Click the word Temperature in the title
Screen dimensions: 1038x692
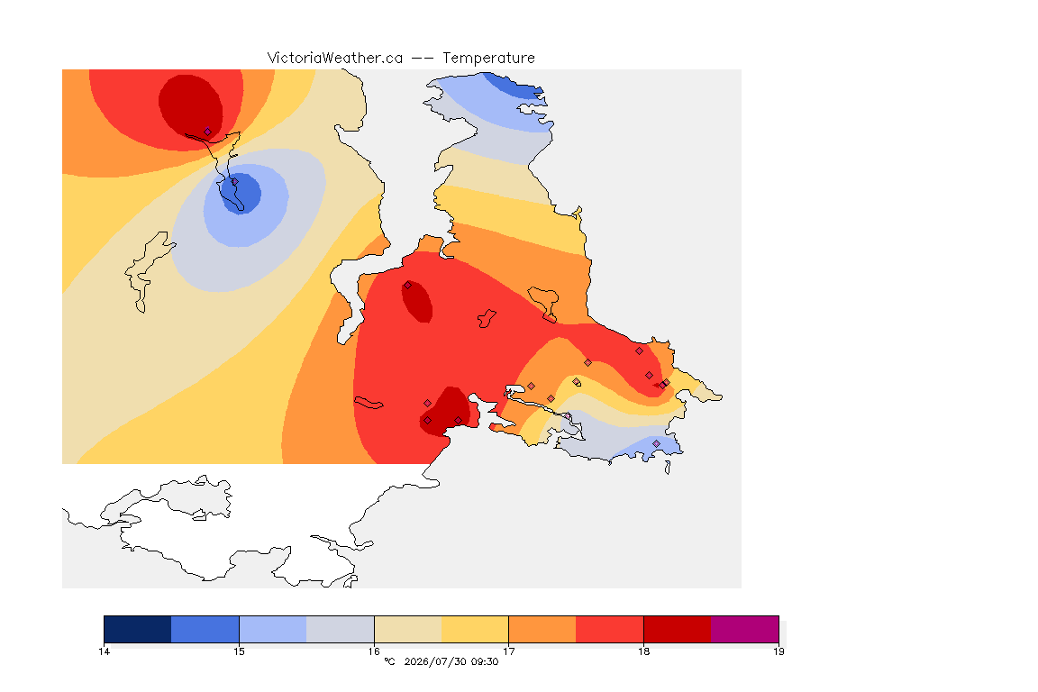pyautogui.click(x=488, y=59)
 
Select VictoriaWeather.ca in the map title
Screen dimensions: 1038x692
pyautogui.click(x=335, y=59)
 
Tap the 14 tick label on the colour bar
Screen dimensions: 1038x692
pyautogui.click(x=104, y=651)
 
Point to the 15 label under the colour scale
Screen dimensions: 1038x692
pyautogui.click(x=239, y=651)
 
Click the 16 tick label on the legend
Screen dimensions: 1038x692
pyautogui.click(x=374, y=651)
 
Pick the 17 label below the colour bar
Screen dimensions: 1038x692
pyautogui.click(x=508, y=651)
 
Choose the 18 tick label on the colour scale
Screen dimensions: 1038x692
pyautogui.click(x=643, y=651)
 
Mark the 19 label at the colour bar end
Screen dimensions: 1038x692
pyautogui.click(x=778, y=651)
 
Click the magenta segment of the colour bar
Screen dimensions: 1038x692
pyautogui.click(x=745, y=629)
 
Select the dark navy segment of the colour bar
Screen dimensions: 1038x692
pyautogui.click(x=138, y=629)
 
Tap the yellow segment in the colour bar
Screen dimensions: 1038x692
pyautogui.click(x=475, y=629)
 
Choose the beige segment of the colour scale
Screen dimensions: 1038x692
pyautogui.click(x=408, y=629)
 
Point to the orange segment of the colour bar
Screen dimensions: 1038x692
pyautogui.click(x=542, y=629)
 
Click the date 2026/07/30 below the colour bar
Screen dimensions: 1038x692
pyautogui.click(x=433, y=661)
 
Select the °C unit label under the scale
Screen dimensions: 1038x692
pyautogui.click(x=389, y=661)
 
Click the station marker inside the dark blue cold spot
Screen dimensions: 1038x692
pyautogui.click(x=234, y=181)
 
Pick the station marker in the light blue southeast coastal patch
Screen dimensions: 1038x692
pyautogui.click(x=656, y=443)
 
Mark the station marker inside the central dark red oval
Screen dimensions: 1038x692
pyautogui.click(x=408, y=286)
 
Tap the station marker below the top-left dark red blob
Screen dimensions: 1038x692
pyautogui.click(x=207, y=132)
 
